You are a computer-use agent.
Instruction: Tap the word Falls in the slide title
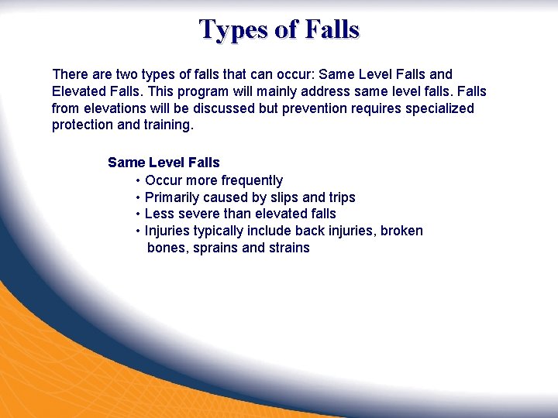click(332, 29)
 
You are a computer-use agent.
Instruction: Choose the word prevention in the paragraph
click(315, 108)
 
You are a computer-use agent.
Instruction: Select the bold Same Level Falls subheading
click(164, 163)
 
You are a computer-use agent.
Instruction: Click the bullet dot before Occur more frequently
click(138, 180)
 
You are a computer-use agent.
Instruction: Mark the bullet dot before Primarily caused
click(138, 197)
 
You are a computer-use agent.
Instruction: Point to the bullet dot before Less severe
click(138, 214)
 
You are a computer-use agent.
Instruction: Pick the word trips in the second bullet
click(341, 197)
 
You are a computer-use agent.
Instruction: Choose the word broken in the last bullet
click(402, 231)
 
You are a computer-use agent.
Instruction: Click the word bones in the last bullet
click(166, 248)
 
